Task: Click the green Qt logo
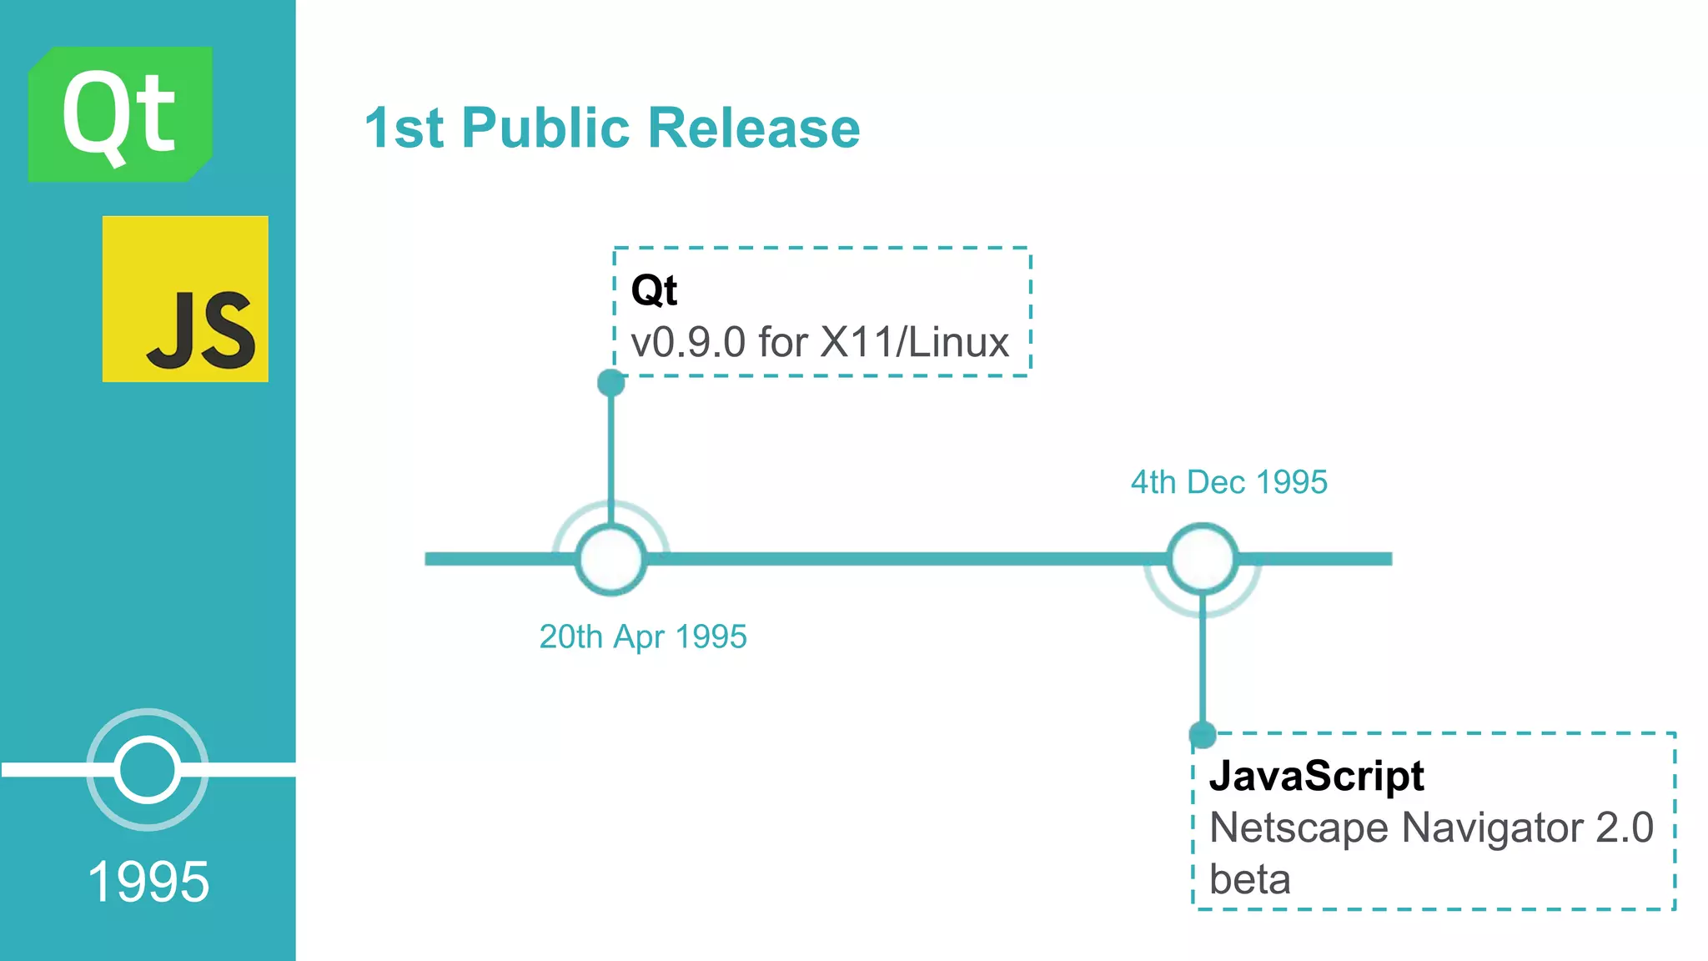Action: (x=120, y=114)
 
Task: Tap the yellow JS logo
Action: (x=185, y=299)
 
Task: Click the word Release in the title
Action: (x=754, y=128)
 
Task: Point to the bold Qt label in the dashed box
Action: (x=654, y=290)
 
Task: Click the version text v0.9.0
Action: (x=688, y=343)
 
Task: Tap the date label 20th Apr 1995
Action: (x=643, y=636)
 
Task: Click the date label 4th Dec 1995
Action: (x=1228, y=482)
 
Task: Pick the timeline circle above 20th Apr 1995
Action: (x=611, y=559)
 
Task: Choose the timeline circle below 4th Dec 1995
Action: (x=1202, y=559)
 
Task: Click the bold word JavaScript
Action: (x=1317, y=776)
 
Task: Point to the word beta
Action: (x=1249, y=880)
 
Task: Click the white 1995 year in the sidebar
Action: (x=148, y=882)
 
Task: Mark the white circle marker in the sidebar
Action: (x=148, y=769)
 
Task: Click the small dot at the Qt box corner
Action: (x=611, y=383)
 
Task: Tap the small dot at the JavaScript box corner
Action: (x=1202, y=735)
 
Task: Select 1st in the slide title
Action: (x=404, y=128)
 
